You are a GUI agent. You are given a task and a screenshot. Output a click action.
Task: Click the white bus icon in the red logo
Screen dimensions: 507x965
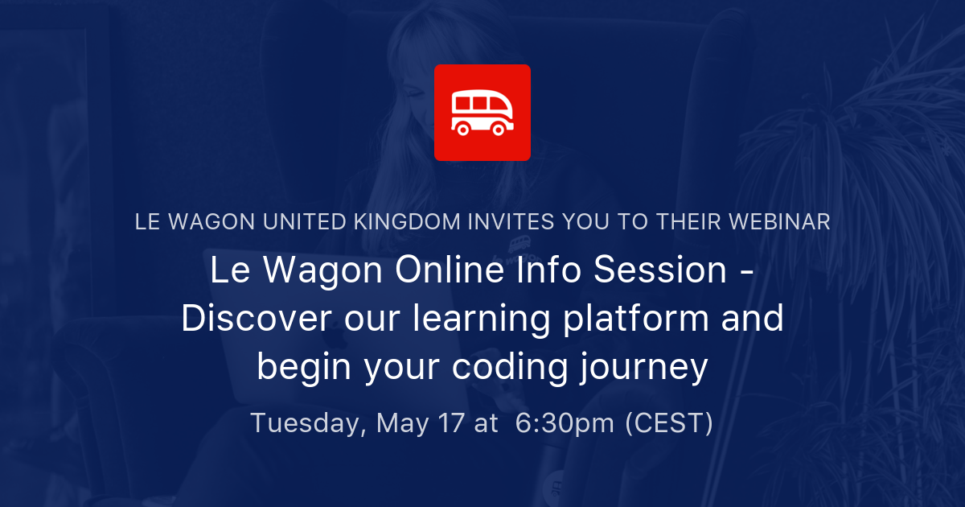pos(482,112)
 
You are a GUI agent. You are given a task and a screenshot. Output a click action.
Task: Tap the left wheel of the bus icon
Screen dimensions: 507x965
pos(463,129)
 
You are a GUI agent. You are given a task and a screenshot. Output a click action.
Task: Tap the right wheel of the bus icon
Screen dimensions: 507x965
pos(499,129)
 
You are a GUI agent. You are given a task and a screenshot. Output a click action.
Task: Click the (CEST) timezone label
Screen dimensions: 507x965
pos(669,423)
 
